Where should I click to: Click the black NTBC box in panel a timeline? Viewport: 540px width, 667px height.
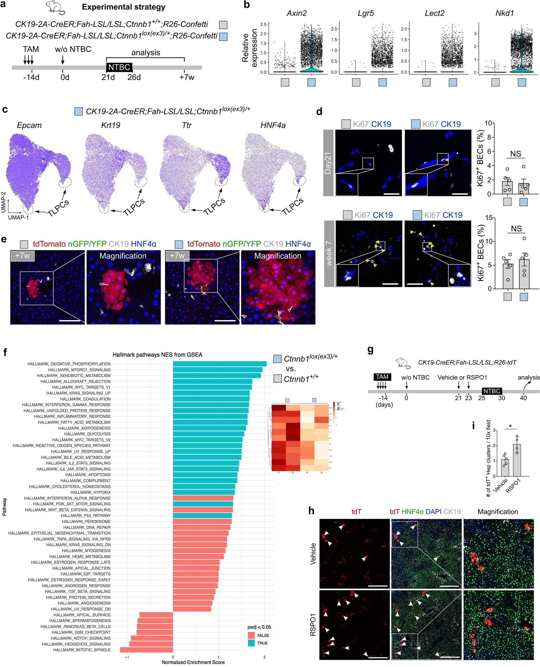click(119, 67)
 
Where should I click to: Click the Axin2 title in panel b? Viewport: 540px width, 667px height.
click(296, 13)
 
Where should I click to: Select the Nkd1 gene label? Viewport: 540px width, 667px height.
click(504, 13)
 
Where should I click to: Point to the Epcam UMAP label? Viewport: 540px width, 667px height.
click(29, 125)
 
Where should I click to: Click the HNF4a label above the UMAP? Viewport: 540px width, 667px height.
click(273, 125)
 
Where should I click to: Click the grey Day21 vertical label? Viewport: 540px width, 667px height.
click(328, 163)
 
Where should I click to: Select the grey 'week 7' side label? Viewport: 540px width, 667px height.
click(329, 254)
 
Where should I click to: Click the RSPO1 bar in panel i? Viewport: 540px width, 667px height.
click(517, 460)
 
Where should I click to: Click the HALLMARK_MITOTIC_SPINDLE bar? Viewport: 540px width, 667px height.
click(146, 650)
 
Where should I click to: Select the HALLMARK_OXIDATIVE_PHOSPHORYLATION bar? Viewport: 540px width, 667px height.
click(220, 364)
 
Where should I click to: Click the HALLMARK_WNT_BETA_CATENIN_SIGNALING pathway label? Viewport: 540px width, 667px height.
click(68, 510)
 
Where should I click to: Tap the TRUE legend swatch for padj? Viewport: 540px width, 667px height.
click(251, 643)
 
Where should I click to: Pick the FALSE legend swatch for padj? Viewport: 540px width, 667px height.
click(251, 635)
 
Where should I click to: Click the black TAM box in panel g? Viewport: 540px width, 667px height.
click(382, 377)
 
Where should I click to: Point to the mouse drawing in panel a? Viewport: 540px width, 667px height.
click(56, 7)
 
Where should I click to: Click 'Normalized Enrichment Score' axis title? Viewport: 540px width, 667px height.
click(193, 662)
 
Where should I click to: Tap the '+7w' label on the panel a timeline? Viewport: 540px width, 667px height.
click(187, 77)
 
